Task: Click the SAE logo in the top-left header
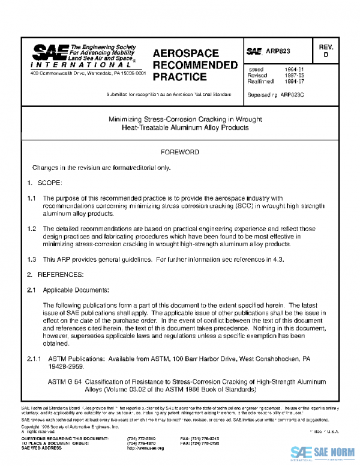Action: click(x=49, y=52)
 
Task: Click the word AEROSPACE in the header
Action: click(x=185, y=53)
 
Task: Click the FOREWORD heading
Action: click(x=180, y=153)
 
